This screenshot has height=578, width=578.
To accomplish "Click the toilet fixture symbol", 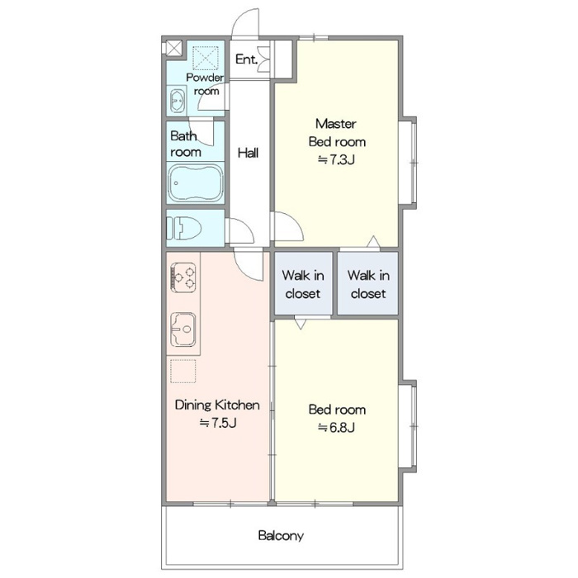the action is [x=183, y=228].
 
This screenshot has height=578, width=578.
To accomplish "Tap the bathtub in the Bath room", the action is [x=196, y=182].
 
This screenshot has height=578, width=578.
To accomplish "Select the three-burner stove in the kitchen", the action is [x=183, y=277].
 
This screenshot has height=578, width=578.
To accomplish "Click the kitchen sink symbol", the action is [x=183, y=329].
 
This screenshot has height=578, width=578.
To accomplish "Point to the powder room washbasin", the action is [x=177, y=101].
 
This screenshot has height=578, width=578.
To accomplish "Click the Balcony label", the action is [x=281, y=535].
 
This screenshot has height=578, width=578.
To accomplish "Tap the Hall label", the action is [x=248, y=153].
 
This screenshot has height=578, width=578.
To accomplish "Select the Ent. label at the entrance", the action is [x=246, y=59].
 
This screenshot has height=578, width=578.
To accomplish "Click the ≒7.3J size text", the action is [x=337, y=159].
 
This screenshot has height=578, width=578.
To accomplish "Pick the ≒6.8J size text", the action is [x=337, y=428].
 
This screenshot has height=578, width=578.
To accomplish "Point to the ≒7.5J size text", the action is [x=218, y=423].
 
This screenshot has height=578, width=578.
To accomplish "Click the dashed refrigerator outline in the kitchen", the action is [x=183, y=372].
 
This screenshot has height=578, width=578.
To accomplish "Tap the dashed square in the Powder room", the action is [x=206, y=58].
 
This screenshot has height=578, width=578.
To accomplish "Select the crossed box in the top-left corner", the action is [x=173, y=48].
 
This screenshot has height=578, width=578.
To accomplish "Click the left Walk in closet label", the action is [x=303, y=284].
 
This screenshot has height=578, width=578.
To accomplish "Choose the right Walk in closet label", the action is [x=368, y=284].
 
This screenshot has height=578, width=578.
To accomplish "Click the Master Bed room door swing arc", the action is [x=296, y=220].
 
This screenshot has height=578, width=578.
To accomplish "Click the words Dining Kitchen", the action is [x=217, y=405].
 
